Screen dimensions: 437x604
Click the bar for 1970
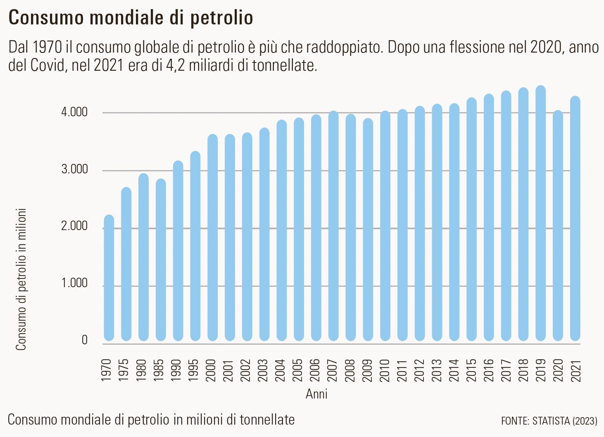click(109, 278)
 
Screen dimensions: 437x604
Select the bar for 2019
click(541, 214)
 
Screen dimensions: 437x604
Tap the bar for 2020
click(558, 226)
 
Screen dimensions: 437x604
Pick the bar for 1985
click(161, 260)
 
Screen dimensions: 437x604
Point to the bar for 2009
click(368, 230)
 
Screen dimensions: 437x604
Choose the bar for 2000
click(212, 238)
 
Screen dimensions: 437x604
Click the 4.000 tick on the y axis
click(74, 112)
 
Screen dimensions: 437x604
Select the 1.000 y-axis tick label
click(74, 283)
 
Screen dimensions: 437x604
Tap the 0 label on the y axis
click(85, 340)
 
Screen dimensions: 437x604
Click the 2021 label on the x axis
click(575, 370)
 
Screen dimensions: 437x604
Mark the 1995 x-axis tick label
click(195, 370)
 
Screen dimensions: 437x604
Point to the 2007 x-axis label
click(333, 370)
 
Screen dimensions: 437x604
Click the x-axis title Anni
click(316, 394)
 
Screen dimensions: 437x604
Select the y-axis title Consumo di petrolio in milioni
click(21, 279)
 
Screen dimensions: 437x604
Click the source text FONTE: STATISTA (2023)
click(549, 421)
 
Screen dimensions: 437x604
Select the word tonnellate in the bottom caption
click(267, 420)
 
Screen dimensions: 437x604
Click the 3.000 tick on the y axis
click(74, 169)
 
